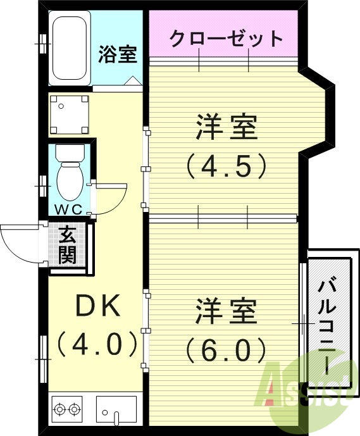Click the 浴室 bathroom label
pos(118,54)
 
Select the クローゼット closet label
pos(225,38)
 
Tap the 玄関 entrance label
pos(68,246)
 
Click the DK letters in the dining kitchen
pos(97,307)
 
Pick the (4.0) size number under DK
pos(97,345)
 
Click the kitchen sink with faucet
pos(116,409)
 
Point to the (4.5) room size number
pos(226,166)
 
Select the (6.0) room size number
pos(226,349)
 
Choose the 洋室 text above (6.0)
pos(226,311)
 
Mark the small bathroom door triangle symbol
pos(134,81)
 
